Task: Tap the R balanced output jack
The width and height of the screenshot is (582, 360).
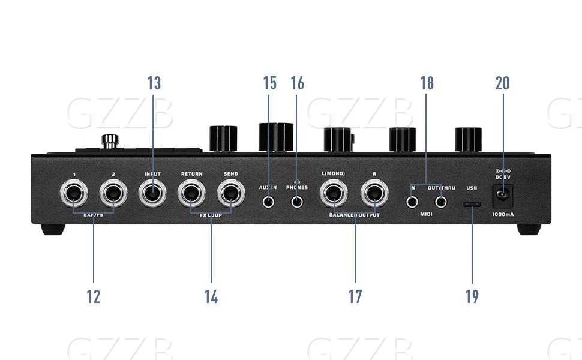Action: pyautogui.click(x=374, y=195)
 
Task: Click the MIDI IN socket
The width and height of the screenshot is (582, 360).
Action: pyautogui.click(x=412, y=202)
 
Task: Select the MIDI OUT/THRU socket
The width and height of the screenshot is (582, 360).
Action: pyautogui.click(x=442, y=202)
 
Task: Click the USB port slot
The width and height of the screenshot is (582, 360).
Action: pyautogui.click(x=472, y=204)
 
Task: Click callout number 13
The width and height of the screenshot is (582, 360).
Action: pyautogui.click(x=154, y=83)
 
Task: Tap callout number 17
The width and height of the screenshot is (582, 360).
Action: pyautogui.click(x=355, y=296)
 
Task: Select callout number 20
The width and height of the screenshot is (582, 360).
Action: pyautogui.click(x=502, y=83)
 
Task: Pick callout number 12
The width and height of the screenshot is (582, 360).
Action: pyautogui.click(x=94, y=296)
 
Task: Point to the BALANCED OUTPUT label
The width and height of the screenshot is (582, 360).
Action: pyautogui.click(x=354, y=215)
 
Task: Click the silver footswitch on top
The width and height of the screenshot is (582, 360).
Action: pyautogui.click(x=109, y=142)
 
